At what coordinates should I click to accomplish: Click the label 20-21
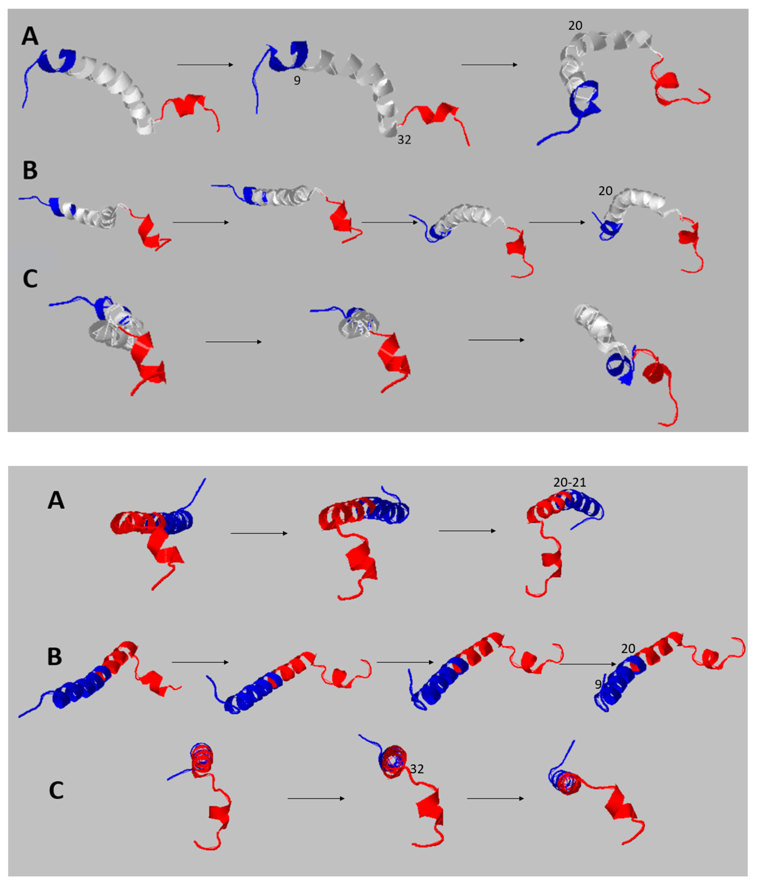tap(570, 483)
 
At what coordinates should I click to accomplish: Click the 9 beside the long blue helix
tap(598, 684)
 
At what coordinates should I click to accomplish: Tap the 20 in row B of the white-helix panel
tap(605, 191)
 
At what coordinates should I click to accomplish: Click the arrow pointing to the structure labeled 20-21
tap(467, 531)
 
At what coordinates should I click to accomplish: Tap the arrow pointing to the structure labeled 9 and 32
tap(205, 65)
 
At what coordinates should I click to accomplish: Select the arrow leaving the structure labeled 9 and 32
tap(489, 65)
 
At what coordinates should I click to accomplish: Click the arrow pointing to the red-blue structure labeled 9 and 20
tap(587, 664)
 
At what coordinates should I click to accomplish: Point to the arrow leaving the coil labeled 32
tap(495, 798)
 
